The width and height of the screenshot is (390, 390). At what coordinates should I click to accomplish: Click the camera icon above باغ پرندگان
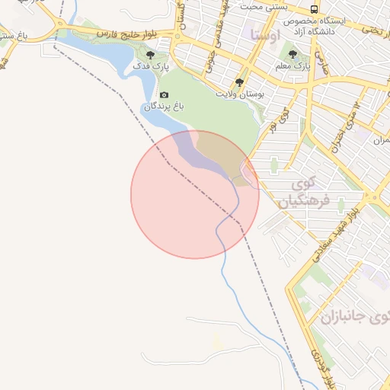pyautogui.click(x=165, y=94)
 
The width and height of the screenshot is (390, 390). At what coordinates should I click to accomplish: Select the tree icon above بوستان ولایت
pyautogui.click(x=240, y=82)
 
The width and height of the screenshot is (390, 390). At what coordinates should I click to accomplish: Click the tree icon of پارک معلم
pyautogui.click(x=293, y=54)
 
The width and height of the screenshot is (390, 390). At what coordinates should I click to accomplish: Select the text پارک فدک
pyautogui.click(x=151, y=67)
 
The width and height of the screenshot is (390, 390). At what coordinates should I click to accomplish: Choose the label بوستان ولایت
pyautogui.click(x=241, y=94)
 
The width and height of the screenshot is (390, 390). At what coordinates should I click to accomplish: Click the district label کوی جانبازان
pyautogui.click(x=355, y=319)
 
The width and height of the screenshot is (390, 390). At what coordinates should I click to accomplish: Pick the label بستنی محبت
pyautogui.click(x=263, y=6)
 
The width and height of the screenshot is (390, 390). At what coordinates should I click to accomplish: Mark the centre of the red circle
pyautogui.click(x=195, y=194)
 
